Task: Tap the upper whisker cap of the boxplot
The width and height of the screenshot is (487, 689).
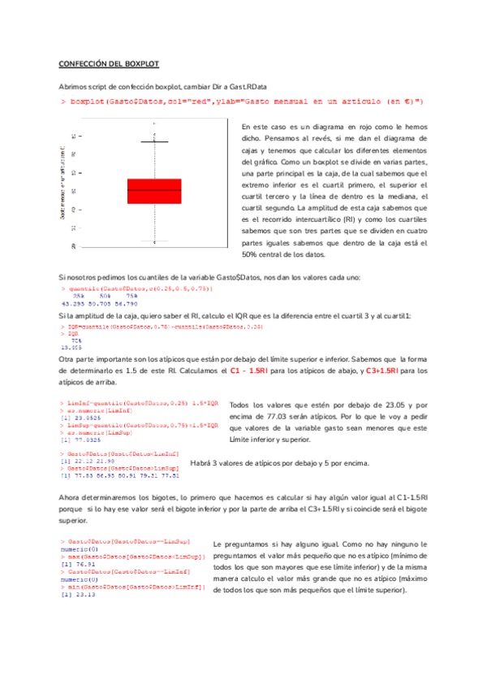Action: [x=154, y=142]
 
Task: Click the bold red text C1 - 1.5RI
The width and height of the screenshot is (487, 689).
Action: [x=251, y=370]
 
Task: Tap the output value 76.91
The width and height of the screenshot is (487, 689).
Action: [x=84, y=562]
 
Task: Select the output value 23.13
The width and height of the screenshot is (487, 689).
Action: [x=84, y=594]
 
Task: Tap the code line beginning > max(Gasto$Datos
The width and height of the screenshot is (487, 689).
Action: [x=131, y=555]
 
